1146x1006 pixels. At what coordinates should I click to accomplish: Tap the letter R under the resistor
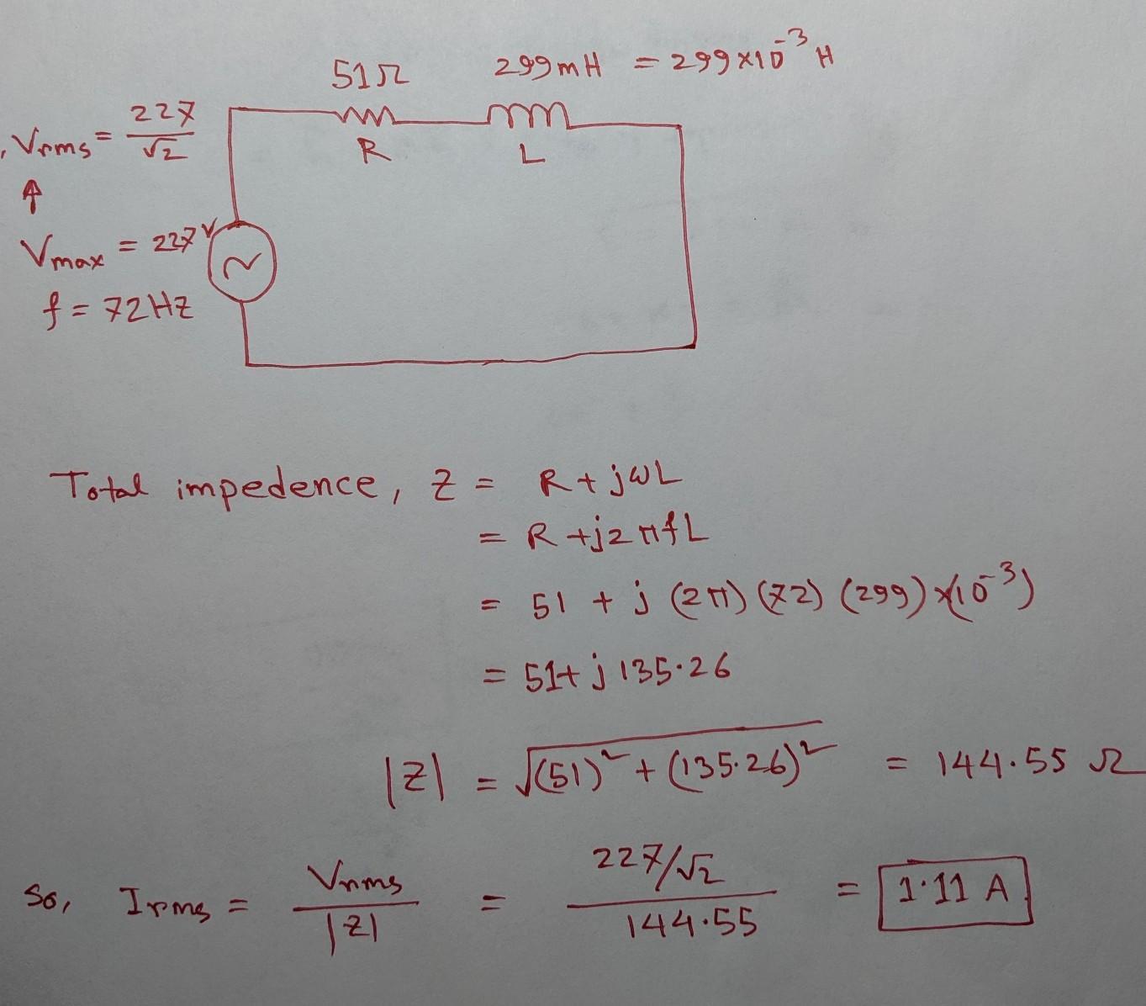(364, 152)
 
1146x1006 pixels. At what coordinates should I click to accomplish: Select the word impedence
(274, 486)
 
